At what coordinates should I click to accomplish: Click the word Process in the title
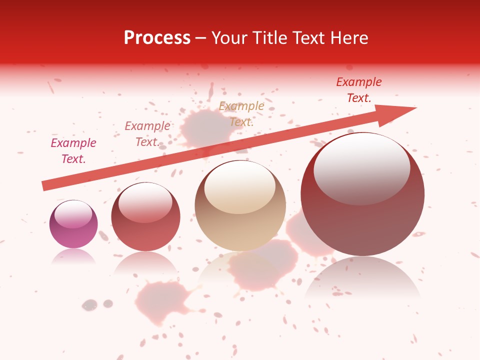(157, 38)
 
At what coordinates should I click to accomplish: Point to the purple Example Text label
(73, 151)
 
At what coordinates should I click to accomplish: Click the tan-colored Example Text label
(241, 114)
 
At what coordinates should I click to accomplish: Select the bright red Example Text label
(358, 90)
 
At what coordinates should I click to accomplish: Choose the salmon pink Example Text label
(147, 134)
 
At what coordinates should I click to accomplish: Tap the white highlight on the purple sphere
(73, 214)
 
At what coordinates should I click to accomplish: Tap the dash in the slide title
(200, 38)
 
